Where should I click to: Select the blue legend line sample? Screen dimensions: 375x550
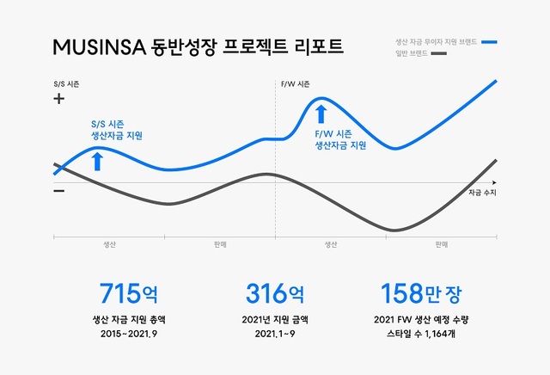click(x=490, y=41)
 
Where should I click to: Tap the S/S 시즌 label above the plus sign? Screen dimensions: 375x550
click(x=66, y=84)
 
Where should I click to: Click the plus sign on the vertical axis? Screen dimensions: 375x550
click(x=59, y=99)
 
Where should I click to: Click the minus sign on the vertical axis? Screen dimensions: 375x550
click(x=59, y=190)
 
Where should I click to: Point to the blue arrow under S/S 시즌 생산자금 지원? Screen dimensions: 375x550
click(x=97, y=161)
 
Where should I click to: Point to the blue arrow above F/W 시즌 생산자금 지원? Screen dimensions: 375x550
click(x=321, y=113)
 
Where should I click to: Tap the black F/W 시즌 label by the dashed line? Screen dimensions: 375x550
click(x=296, y=84)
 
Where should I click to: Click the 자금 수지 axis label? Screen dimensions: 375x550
click(x=483, y=193)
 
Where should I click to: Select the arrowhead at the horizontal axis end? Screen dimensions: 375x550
click(x=497, y=182)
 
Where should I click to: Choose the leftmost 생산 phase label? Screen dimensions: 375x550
click(x=109, y=244)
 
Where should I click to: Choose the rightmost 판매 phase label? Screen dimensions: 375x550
click(x=442, y=244)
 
